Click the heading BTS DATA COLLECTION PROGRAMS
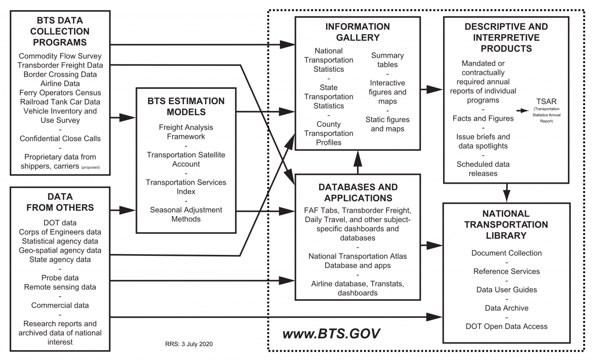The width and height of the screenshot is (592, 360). click(x=60, y=32)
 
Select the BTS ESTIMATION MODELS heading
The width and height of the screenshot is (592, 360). click(x=186, y=107)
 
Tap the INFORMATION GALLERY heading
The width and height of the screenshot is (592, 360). click(x=358, y=32)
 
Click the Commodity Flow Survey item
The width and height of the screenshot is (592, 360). click(x=60, y=56)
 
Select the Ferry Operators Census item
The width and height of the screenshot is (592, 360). click(x=60, y=93)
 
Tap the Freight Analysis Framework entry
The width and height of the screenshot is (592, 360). click(x=186, y=132)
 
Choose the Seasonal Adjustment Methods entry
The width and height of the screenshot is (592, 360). click(x=186, y=214)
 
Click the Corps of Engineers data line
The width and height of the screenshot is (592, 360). click(x=60, y=232)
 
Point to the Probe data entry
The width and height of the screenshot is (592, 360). click(x=60, y=278)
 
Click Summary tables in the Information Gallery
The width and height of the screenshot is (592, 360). click(x=387, y=60)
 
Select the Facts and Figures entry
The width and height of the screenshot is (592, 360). click(x=483, y=118)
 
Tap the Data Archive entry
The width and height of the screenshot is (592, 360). click(x=506, y=308)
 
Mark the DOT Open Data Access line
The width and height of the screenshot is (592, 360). click(x=506, y=326)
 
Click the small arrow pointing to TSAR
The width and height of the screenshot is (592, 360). click(x=523, y=111)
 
